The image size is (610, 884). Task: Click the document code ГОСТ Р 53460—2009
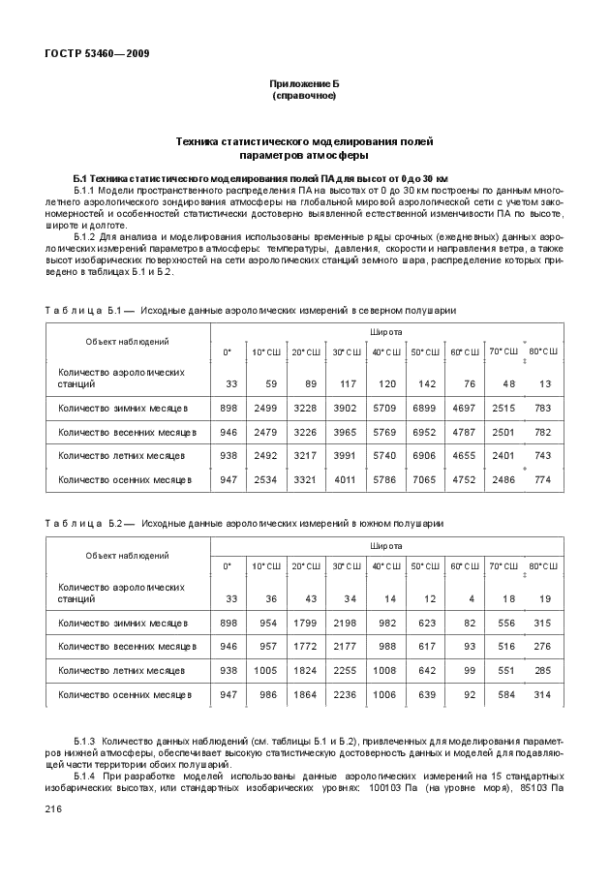pos(97,53)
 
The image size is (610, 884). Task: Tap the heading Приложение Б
pos(304,85)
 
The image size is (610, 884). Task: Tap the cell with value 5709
pos(387,409)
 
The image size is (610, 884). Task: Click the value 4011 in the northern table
pos(346,479)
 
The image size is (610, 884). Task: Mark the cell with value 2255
pos(346,670)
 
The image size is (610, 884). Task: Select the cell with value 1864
pos(305,694)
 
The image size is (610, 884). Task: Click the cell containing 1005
pos(265,670)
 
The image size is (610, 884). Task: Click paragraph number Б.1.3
pos(86,741)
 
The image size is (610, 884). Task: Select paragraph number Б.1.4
pos(86,777)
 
